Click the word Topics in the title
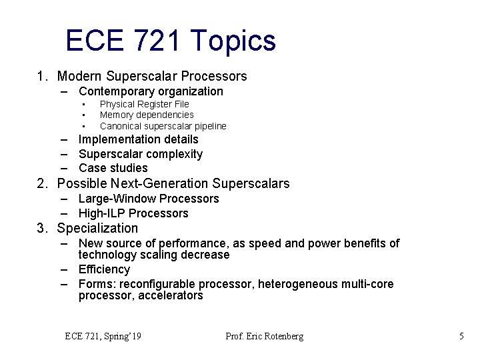pyautogui.click(x=233, y=41)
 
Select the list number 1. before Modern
pyautogui.click(x=43, y=77)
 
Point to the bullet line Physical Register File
pyautogui.click(x=144, y=104)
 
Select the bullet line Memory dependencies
pyautogui.click(x=147, y=115)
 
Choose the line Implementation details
pyautogui.click(x=138, y=139)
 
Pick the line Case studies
pyautogui.click(x=113, y=168)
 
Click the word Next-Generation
pyautogui.click(x=155, y=183)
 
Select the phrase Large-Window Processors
pyautogui.click(x=148, y=199)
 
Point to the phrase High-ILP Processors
pyautogui.click(x=133, y=213)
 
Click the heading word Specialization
pyautogui.click(x=97, y=229)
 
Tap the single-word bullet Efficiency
pyautogui.click(x=104, y=269)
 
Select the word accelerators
pyautogui.click(x=170, y=295)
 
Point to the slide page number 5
pyautogui.click(x=461, y=337)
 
